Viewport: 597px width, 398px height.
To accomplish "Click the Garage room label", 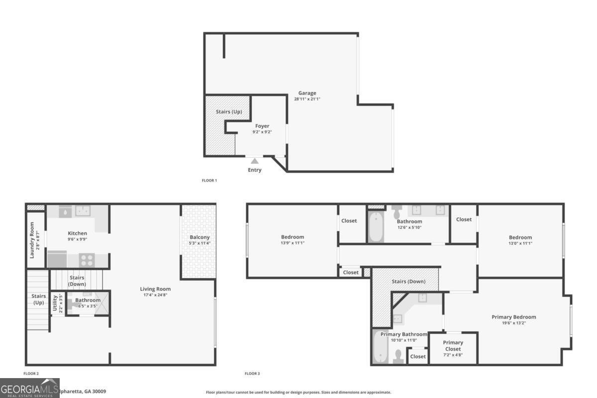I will pyautogui.click(x=307, y=93).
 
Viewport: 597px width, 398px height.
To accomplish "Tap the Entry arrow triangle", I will pyautogui.click(x=255, y=161).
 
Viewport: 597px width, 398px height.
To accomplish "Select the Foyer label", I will pyautogui.click(x=262, y=126).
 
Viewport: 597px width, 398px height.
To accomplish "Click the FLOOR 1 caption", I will pyautogui.click(x=209, y=181).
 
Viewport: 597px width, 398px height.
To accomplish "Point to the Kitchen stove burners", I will pyautogui.click(x=87, y=260).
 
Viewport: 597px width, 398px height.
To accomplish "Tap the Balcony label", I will pyautogui.click(x=199, y=237).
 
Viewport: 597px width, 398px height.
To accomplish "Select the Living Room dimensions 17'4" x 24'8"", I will pyautogui.click(x=155, y=295).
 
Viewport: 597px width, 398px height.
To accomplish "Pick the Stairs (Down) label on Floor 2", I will pyautogui.click(x=77, y=281).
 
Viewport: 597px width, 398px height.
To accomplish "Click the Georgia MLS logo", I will pyautogui.click(x=30, y=388).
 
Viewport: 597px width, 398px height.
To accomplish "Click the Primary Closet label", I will pyautogui.click(x=453, y=345).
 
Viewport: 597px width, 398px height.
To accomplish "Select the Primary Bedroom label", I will pyautogui.click(x=514, y=317).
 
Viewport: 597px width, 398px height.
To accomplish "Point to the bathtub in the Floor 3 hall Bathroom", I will pyautogui.click(x=376, y=227).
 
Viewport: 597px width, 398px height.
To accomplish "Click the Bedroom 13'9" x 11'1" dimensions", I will pyautogui.click(x=293, y=243).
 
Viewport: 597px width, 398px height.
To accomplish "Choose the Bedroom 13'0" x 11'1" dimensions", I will pyautogui.click(x=520, y=244).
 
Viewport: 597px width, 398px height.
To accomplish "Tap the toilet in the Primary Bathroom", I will pyautogui.click(x=398, y=357).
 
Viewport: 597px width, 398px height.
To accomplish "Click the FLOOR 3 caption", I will pyautogui.click(x=252, y=374).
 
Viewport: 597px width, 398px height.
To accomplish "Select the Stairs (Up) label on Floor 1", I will pyautogui.click(x=229, y=112).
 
